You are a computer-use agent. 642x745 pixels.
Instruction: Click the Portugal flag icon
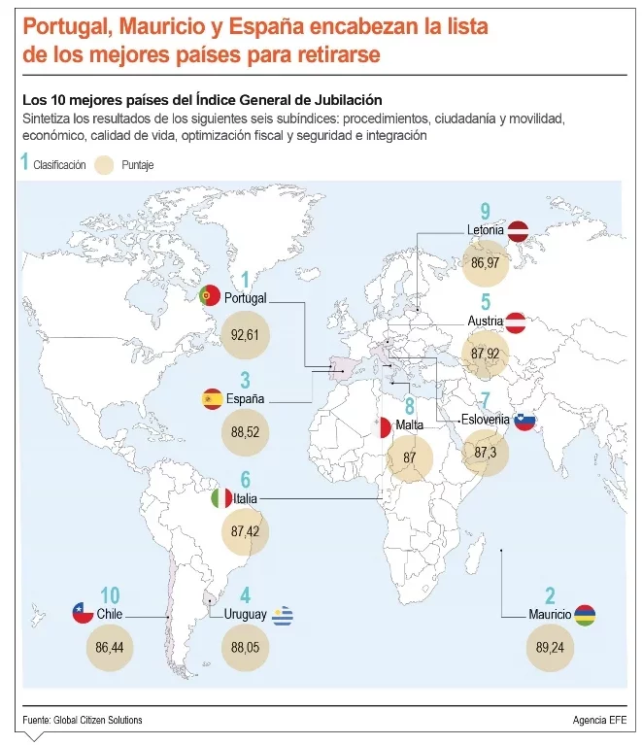tap(209, 295)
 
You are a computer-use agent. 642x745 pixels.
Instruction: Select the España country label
tap(245, 399)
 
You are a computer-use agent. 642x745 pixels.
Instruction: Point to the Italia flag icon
tap(221, 498)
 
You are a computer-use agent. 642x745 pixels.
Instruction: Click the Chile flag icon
tap(83, 613)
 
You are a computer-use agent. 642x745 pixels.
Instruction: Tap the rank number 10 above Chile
tap(110, 594)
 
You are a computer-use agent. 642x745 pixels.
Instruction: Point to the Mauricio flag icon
tap(585, 615)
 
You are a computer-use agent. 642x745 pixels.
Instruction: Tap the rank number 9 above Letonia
tap(486, 211)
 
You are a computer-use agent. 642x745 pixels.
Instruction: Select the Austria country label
tap(485, 321)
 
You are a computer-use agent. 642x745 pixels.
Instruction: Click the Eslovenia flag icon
tap(524, 421)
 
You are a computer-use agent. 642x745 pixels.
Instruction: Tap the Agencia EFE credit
tap(599, 720)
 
